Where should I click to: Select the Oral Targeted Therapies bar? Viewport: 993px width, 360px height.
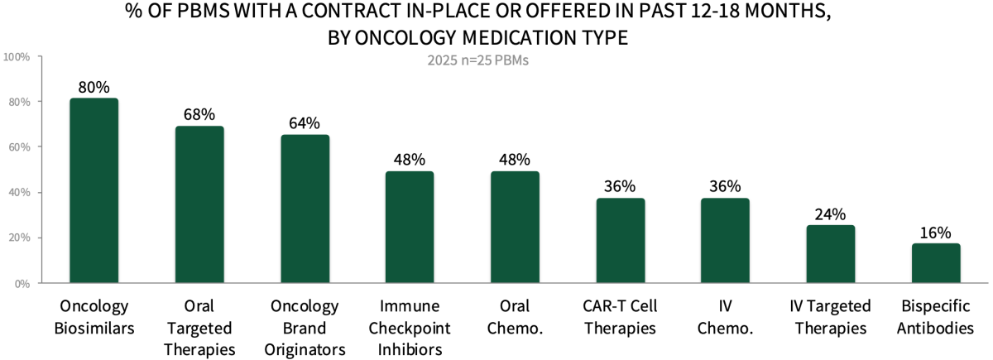pos(199,204)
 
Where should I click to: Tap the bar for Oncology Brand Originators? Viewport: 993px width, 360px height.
pos(305,209)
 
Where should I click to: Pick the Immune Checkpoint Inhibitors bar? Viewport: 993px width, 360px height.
pos(410,227)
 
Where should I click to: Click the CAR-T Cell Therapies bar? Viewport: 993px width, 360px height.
pos(620,240)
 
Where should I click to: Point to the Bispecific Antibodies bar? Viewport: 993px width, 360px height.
pos(936,263)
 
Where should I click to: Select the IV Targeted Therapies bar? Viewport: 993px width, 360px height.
pos(831,254)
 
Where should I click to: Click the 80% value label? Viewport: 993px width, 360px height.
pos(94,87)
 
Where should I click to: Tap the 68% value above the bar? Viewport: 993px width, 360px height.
pos(199,114)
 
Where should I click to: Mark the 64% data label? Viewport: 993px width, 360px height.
pos(305,123)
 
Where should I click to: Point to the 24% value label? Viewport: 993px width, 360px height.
pos(831,214)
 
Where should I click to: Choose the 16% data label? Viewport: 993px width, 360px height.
pos(936,233)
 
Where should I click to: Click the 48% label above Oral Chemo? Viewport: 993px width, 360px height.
pos(515,160)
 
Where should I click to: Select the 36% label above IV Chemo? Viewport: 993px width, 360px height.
pos(725,187)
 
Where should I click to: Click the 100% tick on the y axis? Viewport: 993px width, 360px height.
pos(17,57)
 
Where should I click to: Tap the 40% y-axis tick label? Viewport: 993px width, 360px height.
pos(19,193)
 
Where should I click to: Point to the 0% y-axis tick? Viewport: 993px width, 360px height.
pos(22,284)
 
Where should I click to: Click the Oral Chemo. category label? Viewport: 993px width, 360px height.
pos(515,317)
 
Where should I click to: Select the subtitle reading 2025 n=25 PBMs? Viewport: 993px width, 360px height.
pos(477,60)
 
